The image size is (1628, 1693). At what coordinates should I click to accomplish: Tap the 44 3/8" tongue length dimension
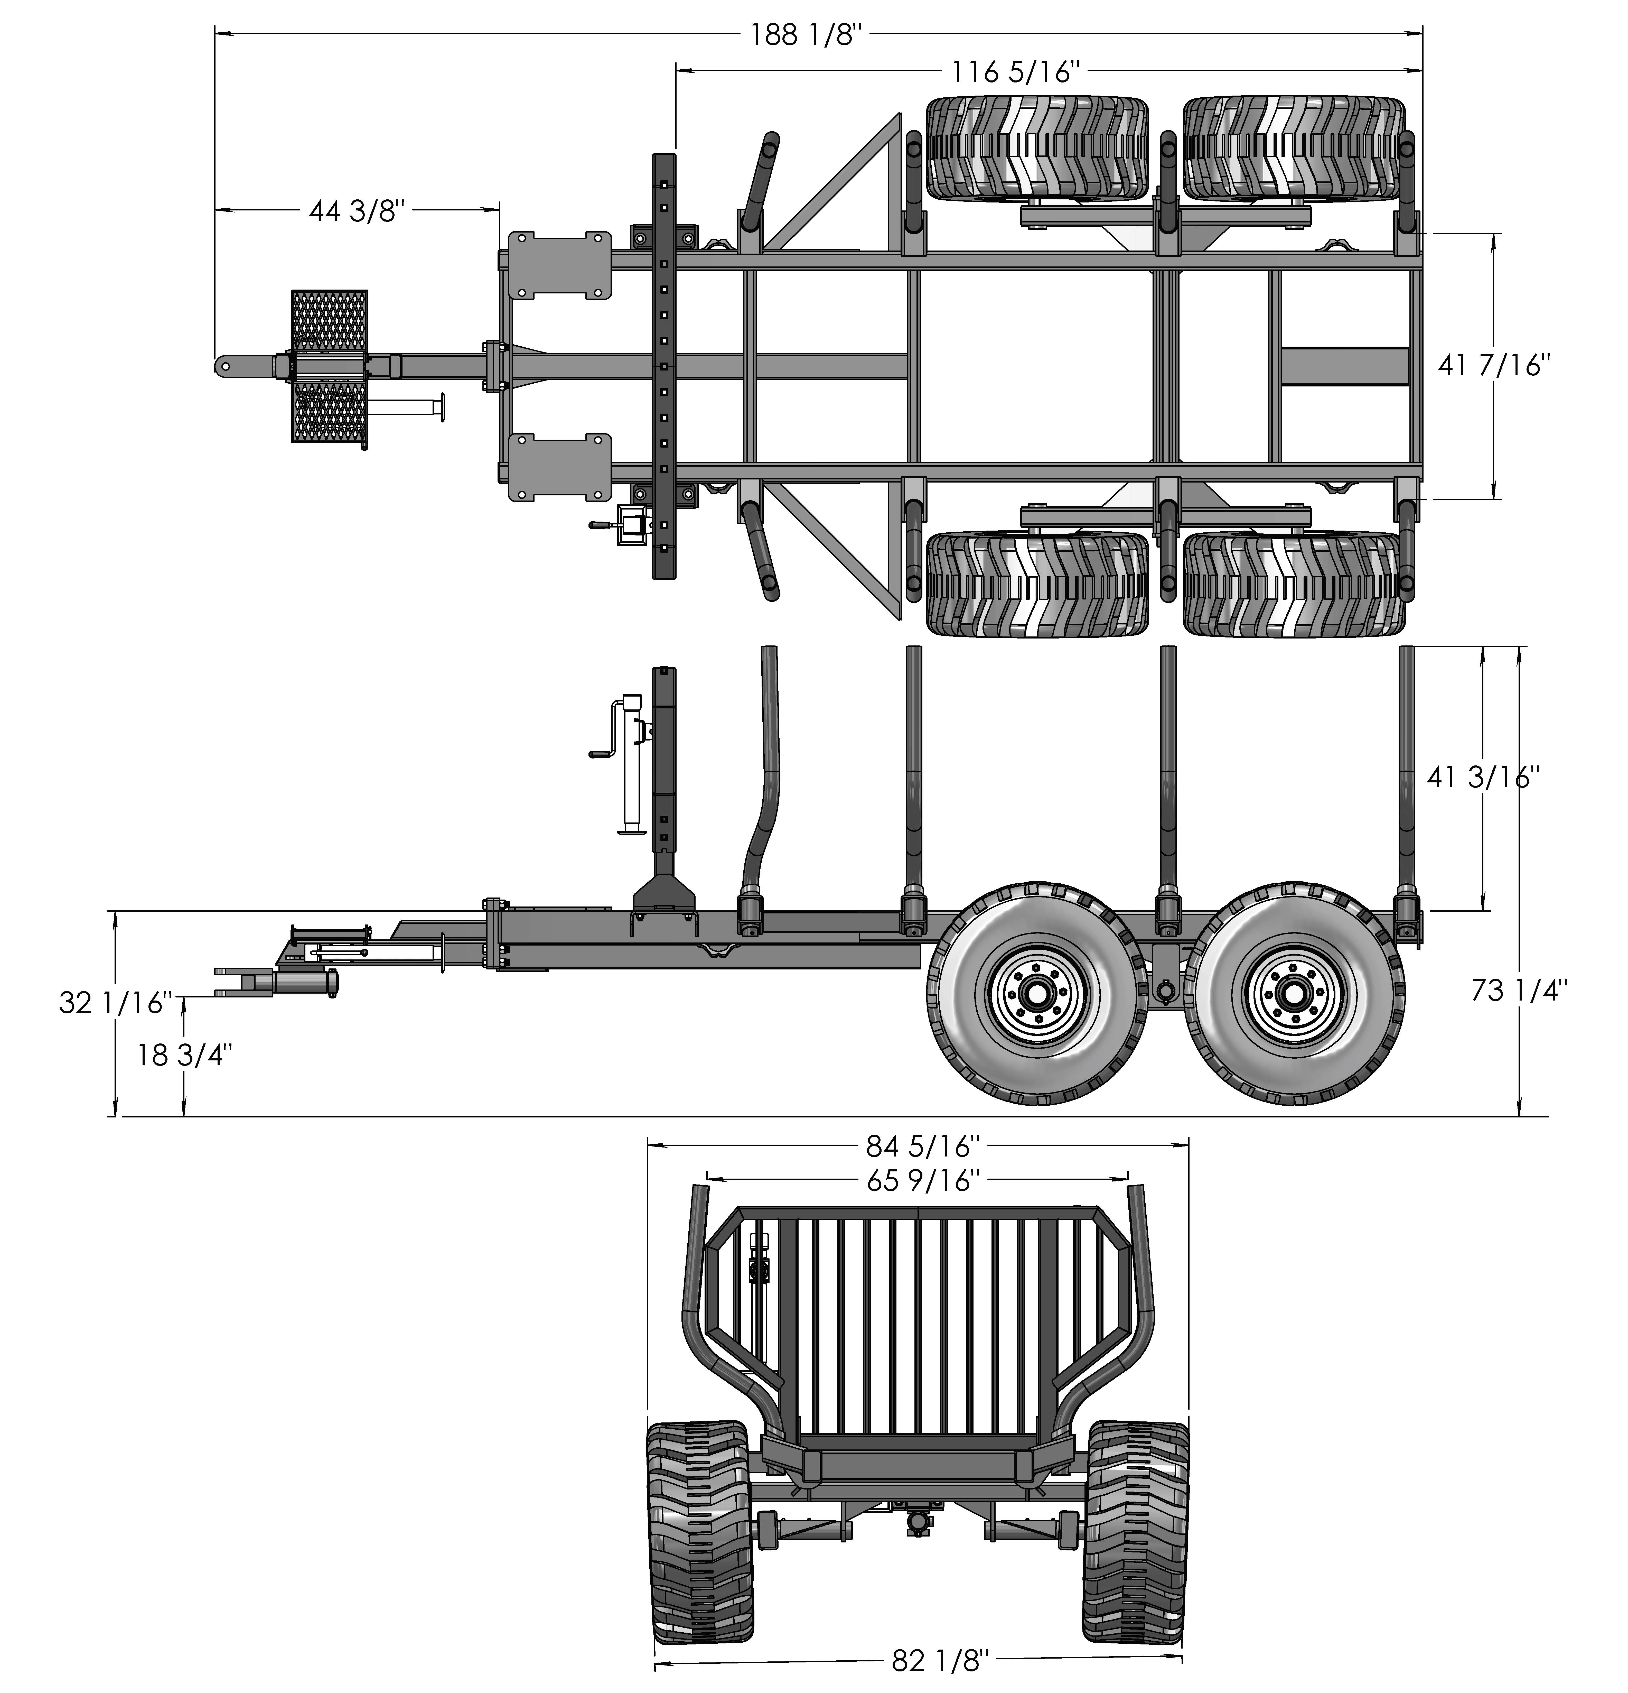coord(357,210)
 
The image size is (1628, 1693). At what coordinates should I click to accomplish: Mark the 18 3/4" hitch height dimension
coord(184,1055)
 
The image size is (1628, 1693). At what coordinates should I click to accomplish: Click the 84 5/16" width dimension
coord(922,1146)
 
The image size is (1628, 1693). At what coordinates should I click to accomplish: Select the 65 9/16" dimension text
coord(922,1180)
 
